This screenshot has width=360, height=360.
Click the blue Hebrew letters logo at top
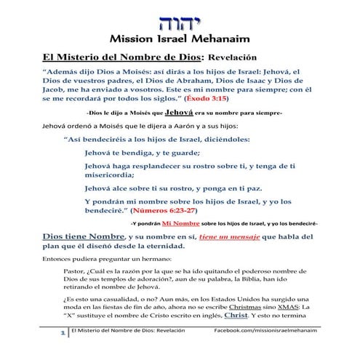pos(180,15)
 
